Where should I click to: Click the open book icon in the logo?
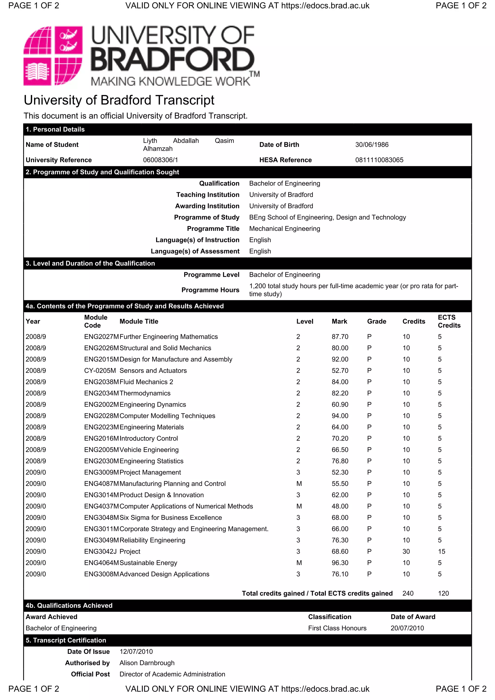37,72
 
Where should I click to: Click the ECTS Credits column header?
449,321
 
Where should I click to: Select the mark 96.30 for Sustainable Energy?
340,563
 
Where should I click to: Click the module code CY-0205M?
100,371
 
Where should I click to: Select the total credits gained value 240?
408,593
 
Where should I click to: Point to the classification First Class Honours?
337,628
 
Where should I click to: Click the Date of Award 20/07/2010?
407,628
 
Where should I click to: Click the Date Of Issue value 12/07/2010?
136,651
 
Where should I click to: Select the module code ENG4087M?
101,484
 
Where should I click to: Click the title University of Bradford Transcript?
119,100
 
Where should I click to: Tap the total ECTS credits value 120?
443,593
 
